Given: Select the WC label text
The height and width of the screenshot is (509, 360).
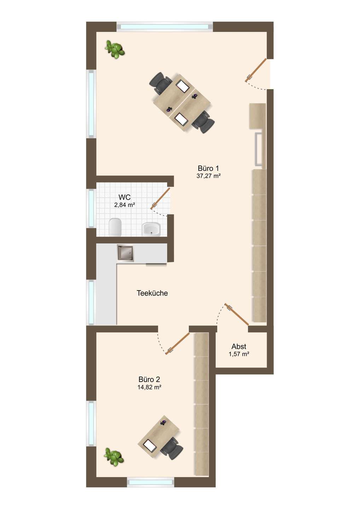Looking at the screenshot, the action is (124, 197).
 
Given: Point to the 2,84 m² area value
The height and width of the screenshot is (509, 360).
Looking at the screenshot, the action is (125, 205).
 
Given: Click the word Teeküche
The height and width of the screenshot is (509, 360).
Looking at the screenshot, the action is (152, 293).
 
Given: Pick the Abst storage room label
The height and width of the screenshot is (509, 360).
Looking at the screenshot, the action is (239, 346).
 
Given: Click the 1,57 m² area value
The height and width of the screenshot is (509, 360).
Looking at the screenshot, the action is (239, 354).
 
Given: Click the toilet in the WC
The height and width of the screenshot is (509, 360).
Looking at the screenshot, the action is (115, 227).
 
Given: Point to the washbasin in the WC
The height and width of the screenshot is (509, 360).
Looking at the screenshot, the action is (151, 229).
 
